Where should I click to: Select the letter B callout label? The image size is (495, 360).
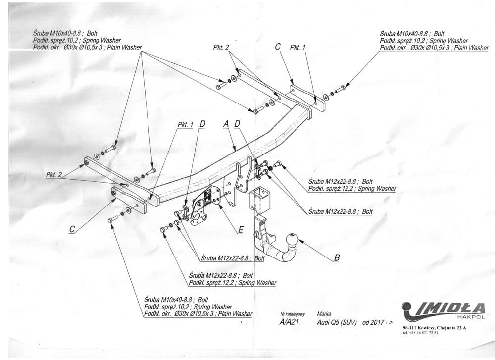[x=337, y=257]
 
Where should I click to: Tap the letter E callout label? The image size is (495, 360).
[x=241, y=229]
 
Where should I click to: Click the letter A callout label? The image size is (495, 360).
[x=226, y=124]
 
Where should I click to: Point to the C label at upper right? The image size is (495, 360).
[x=278, y=47]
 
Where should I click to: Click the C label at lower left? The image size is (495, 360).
[x=72, y=229]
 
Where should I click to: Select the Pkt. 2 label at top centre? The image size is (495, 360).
[x=221, y=48]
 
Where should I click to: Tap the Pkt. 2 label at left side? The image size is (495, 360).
[x=54, y=175]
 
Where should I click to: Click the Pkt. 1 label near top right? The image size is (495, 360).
[x=297, y=47]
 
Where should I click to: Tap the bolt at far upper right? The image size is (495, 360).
[x=340, y=90]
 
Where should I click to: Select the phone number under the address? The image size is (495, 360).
[x=421, y=333]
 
